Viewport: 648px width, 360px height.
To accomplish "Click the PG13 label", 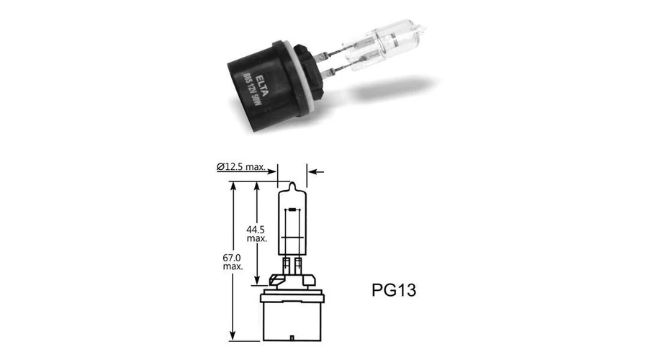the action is pos(393,290).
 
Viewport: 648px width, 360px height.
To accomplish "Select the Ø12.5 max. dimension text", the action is pos(241,167).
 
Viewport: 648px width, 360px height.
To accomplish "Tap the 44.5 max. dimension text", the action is pos(256,234).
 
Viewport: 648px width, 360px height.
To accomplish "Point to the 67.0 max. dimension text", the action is pos(233,262).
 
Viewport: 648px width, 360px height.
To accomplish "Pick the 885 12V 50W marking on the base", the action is pos(252,89).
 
